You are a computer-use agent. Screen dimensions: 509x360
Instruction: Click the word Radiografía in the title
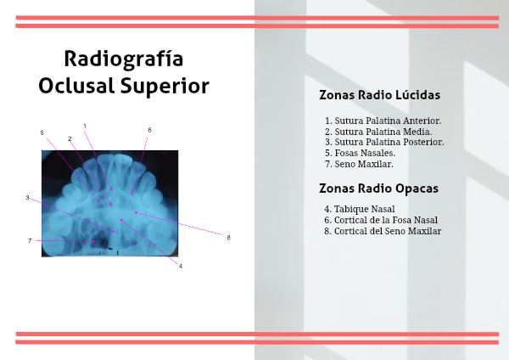[124, 59]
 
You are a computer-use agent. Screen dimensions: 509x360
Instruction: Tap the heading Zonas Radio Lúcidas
[379, 95]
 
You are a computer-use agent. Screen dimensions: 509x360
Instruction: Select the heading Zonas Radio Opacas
[378, 188]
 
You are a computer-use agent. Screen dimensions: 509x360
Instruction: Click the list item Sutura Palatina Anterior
[383, 121]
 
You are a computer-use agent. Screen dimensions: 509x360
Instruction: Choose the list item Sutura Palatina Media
[378, 132]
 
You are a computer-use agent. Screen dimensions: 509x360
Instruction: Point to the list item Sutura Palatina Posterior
[384, 142]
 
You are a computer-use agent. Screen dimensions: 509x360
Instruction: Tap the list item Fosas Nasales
[360, 153]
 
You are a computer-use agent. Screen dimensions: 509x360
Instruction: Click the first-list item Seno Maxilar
[359, 164]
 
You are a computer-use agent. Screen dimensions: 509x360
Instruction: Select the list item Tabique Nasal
[360, 209]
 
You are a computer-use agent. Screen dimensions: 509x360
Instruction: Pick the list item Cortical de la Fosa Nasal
[381, 220]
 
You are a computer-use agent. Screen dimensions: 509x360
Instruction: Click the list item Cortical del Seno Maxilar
[383, 231]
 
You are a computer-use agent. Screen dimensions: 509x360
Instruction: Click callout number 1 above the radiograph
[85, 126]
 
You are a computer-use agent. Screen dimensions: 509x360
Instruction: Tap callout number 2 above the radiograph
[70, 138]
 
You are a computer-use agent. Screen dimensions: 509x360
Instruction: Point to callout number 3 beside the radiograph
[28, 198]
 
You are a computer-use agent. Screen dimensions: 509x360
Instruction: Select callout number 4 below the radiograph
[181, 266]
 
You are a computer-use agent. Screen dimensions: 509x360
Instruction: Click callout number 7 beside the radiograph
[30, 241]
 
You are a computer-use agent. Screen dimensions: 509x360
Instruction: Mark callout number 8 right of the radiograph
[228, 238]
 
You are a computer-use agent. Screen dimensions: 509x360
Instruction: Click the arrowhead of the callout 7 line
[94, 242]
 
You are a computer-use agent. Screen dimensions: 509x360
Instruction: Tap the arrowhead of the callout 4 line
[120, 220]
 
